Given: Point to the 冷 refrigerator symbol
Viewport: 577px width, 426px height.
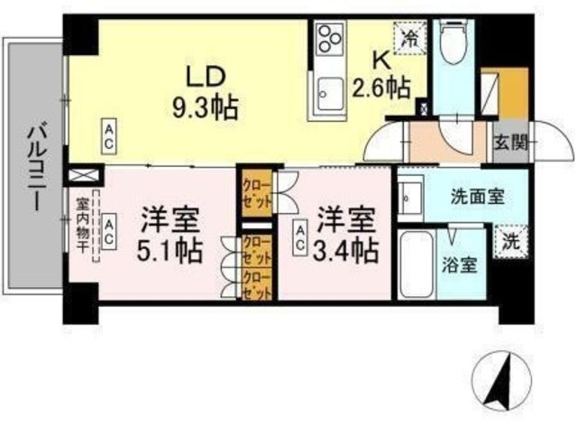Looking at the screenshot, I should (410, 38).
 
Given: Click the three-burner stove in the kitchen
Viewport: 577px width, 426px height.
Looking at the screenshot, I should (329, 40).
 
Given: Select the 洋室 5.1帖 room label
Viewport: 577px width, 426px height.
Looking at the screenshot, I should (169, 233).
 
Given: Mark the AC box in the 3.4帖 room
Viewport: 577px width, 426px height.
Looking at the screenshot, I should (299, 236).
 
